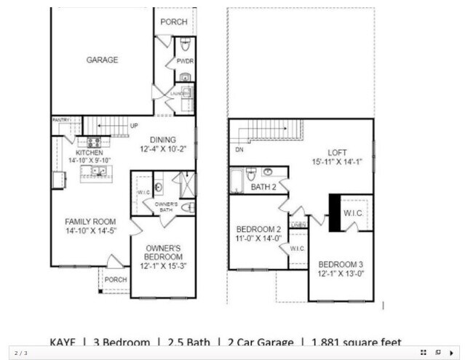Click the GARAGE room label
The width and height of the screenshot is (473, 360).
click(x=102, y=60)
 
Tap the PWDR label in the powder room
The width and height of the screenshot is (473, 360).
click(x=184, y=62)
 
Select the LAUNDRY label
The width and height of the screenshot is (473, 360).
click(x=180, y=94)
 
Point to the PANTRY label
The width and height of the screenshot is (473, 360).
click(x=60, y=119)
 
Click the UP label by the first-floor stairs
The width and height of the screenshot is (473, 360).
click(x=134, y=126)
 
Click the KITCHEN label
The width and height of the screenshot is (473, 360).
click(x=90, y=153)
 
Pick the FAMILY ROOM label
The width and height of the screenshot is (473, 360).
click(x=91, y=221)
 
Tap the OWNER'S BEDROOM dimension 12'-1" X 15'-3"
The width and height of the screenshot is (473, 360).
click(x=163, y=266)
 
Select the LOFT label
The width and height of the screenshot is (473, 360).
click(x=337, y=152)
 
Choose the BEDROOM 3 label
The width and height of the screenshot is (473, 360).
click(x=341, y=264)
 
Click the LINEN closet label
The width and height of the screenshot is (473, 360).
click(x=298, y=225)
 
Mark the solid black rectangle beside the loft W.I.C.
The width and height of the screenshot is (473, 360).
click(x=335, y=212)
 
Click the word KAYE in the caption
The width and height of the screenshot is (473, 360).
click(x=63, y=342)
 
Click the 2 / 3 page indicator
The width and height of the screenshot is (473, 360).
click(x=21, y=353)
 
